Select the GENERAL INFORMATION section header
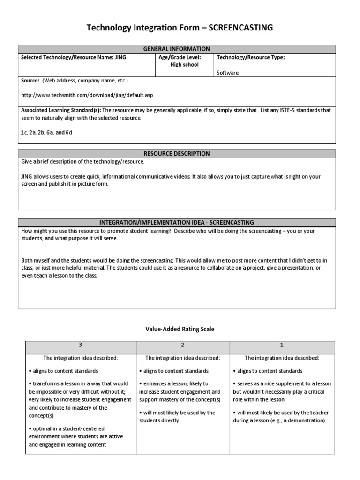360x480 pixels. coord(177,49)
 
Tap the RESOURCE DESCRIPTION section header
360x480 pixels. coord(177,153)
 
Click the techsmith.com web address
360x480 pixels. coord(87,95)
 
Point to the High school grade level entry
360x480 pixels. coord(185,65)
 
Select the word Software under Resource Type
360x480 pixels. coord(227,73)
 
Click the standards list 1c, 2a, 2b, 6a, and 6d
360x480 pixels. coord(46,133)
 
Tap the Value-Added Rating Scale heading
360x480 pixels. coord(180,329)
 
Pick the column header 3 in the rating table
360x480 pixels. coord(80,345)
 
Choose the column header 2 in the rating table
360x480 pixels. coord(183,345)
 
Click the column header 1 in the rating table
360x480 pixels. coord(282,345)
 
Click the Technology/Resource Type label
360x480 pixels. coord(250,57)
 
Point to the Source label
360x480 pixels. coord(30,81)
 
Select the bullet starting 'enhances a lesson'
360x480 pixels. coord(180,391)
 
